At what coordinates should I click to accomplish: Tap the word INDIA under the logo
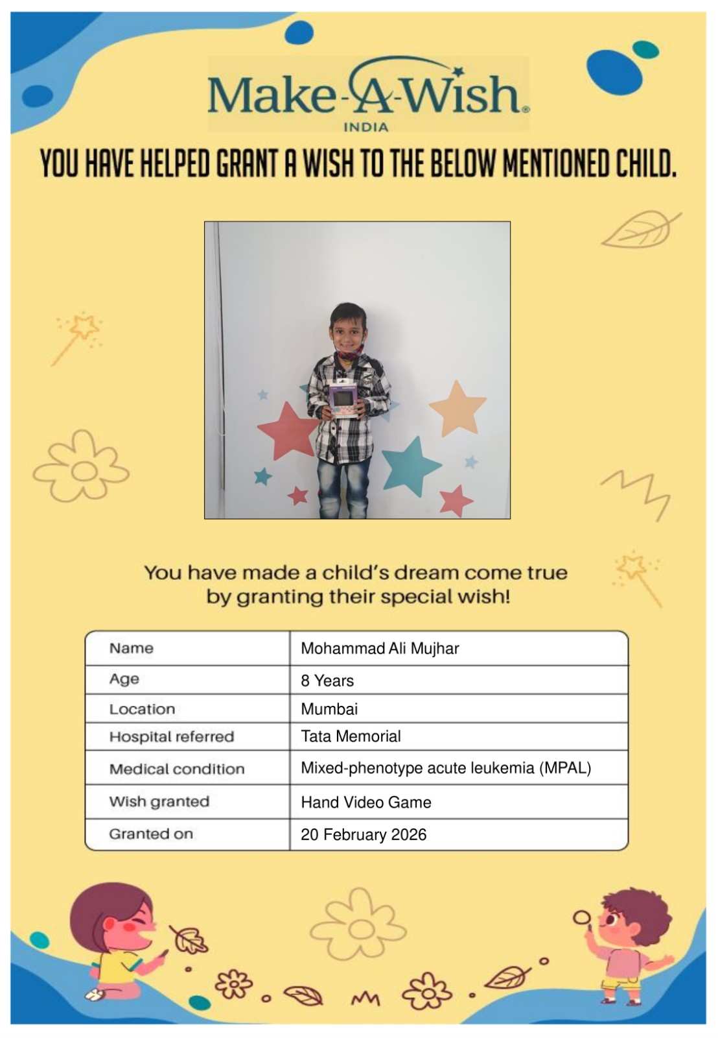(365, 127)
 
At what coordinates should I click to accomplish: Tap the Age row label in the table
(124, 679)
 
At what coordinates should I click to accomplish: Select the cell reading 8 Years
(327, 681)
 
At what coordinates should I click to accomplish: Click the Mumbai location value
(329, 708)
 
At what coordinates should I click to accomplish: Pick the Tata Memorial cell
(351, 736)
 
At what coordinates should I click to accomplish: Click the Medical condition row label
(177, 769)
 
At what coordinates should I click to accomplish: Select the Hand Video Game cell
(366, 803)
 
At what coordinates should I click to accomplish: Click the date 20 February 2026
(364, 834)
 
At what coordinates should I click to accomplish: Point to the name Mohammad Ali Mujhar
(380, 648)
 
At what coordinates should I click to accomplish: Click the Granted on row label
(151, 834)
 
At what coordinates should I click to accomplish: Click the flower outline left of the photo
(81, 466)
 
